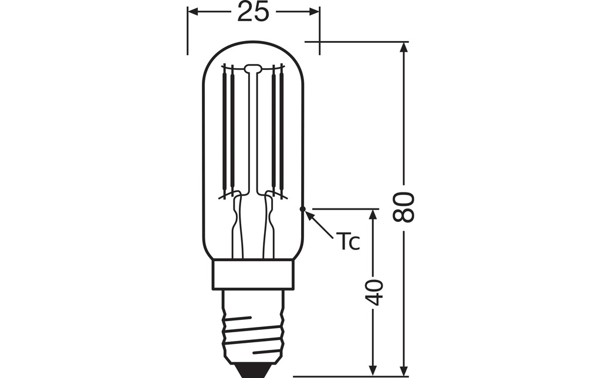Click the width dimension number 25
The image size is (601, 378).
(253, 12)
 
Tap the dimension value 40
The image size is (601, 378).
(374, 292)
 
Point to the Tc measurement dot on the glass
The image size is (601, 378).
(302, 208)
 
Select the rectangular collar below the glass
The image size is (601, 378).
(253, 274)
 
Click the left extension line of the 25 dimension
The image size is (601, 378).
(187, 29)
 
